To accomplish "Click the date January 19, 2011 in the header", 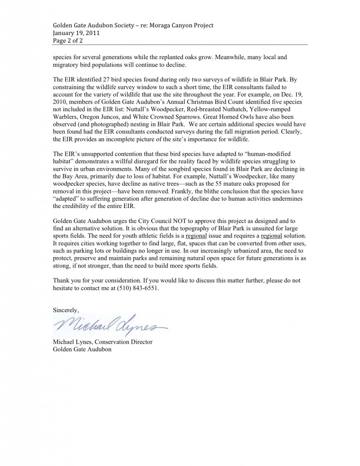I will [x=76, y=33].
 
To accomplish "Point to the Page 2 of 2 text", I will [x=68, y=41].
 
